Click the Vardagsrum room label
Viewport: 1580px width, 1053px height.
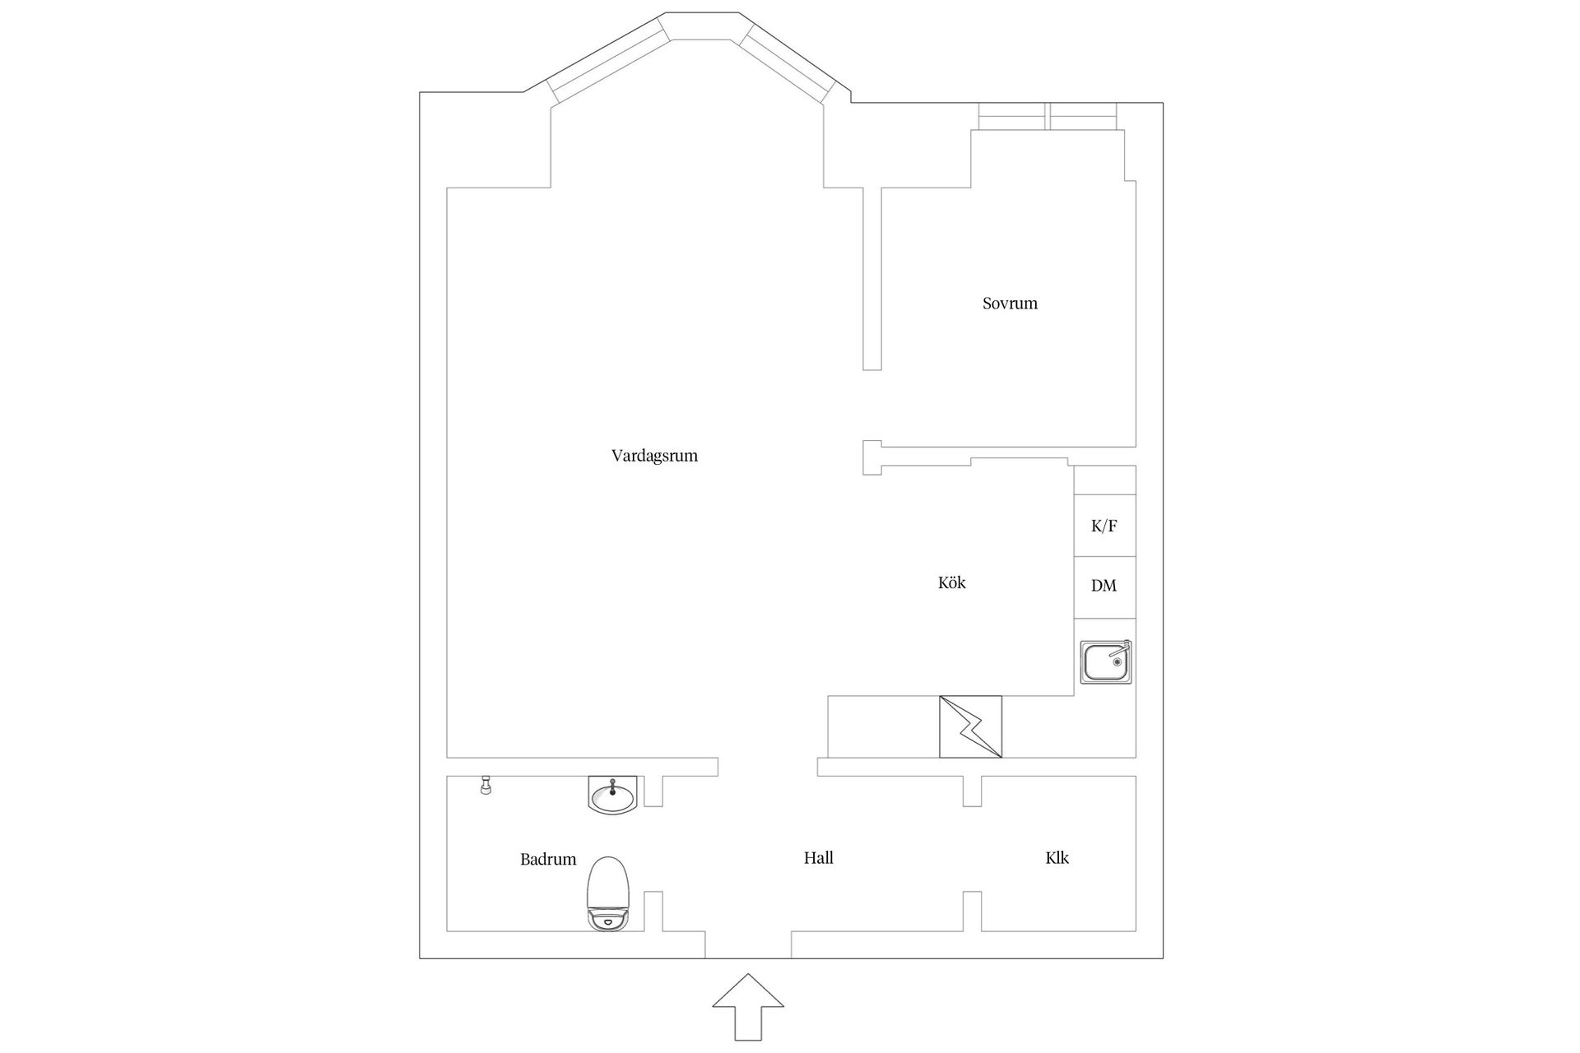click(654, 456)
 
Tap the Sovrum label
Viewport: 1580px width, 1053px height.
click(1010, 303)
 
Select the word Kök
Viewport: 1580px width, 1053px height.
click(951, 582)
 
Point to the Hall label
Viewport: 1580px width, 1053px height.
click(819, 858)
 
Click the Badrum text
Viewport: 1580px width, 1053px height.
click(548, 859)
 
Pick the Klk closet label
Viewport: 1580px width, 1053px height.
click(1057, 858)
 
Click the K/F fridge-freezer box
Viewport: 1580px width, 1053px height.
click(1104, 526)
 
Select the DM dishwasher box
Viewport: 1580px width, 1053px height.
click(1104, 587)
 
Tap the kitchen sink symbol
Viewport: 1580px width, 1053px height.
click(1107, 662)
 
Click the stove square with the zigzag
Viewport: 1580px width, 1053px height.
click(970, 726)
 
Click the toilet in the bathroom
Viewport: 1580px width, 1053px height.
click(609, 893)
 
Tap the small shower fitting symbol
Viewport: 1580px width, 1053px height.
click(486, 786)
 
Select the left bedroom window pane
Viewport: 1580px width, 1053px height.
click(1012, 117)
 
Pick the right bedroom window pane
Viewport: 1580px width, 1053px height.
click(1084, 117)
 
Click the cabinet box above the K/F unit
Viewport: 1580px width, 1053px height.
click(1104, 480)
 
